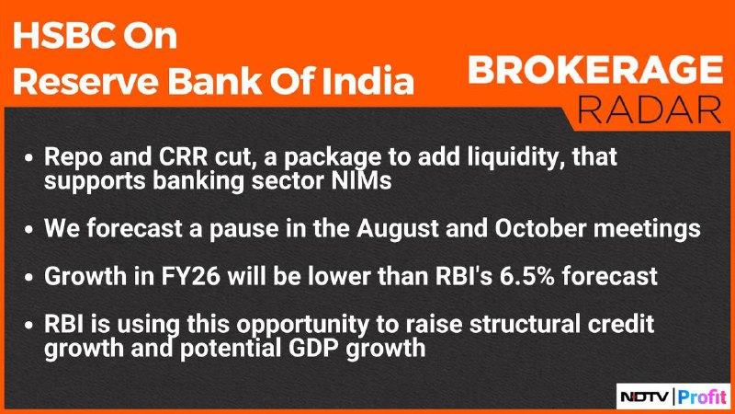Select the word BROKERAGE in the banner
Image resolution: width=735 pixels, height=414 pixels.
click(x=595, y=70)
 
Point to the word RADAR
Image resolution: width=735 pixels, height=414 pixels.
click(x=650, y=110)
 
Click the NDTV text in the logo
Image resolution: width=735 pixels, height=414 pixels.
click(x=645, y=397)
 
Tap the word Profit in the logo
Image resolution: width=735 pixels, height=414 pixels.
click(x=702, y=397)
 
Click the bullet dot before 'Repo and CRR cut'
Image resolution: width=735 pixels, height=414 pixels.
click(x=29, y=158)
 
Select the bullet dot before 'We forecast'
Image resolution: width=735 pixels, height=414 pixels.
click(x=29, y=230)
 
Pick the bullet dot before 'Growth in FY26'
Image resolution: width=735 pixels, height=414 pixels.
click(x=29, y=278)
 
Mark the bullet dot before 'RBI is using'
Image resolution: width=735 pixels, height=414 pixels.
click(x=29, y=326)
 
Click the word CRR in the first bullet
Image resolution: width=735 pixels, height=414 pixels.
click(x=183, y=156)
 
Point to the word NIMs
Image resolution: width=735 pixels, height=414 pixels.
click(x=361, y=181)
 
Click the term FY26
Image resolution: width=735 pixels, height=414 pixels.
click(x=191, y=276)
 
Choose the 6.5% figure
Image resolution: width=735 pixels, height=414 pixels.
click(x=526, y=276)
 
